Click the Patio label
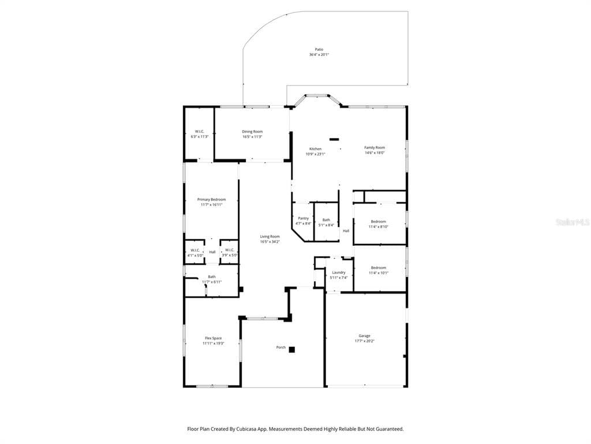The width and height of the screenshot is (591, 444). (x=319, y=50)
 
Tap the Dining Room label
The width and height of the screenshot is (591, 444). (x=252, y=132)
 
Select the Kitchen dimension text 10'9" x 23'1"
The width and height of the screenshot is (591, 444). (x=316, y=154)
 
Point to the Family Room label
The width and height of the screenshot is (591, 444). (x=374, y=147)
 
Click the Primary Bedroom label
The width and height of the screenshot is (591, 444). (x=211, y=199)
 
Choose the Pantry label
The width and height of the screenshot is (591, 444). (x=303, y=218)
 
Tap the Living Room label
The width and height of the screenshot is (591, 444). (x=270, y=236)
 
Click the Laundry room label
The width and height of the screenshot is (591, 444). (x=338, y=272)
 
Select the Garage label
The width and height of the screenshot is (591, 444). (x=364, y=336)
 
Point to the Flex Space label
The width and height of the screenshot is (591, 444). (x=213, y=338)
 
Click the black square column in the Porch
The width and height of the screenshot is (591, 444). (x=292, y=349)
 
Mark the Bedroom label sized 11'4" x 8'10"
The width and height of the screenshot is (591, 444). (x=379, y=221)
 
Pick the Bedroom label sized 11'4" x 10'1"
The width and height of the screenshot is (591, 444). (x=379, y=268)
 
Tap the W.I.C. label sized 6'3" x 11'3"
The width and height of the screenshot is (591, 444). (x=199, y=131)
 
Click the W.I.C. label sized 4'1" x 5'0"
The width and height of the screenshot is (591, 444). (x=194, y=250)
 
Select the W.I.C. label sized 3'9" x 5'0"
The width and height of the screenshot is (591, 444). (x=229, y=250)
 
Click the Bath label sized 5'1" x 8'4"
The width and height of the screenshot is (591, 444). (x=326, y=220)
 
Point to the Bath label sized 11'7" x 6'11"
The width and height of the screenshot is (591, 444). (x=212, y=277)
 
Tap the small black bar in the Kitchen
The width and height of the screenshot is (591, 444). (x=334, y=139)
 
